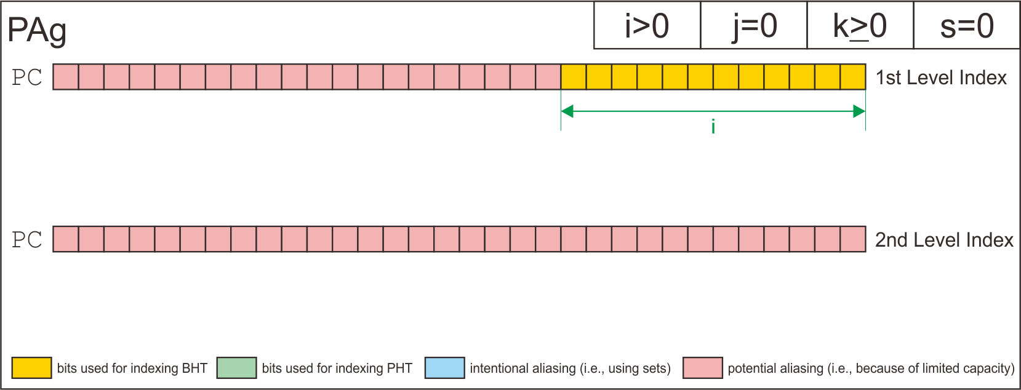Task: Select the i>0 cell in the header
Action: coord(647,26)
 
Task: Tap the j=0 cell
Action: coord(754,26)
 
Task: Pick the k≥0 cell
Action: coord(860,26)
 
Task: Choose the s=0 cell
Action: coord(967,26)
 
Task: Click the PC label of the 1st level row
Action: coord(27,78)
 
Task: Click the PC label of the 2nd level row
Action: coord(27,239)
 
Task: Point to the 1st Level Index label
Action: coord(941,78)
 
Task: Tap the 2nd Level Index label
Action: coord(944,239)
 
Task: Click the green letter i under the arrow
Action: coord(713,127)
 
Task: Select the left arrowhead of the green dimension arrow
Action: coord(567,111)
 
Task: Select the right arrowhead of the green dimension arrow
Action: coord(859,111)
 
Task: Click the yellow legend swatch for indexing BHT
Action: coord(31,368)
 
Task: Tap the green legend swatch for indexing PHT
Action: coord(236,368)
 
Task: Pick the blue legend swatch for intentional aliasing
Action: coord(444,368)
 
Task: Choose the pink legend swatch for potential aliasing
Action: coord(702,368)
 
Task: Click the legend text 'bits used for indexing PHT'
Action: coord(337,368)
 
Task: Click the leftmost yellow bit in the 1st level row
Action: coord(574,77)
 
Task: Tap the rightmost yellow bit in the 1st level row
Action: coord(853,77)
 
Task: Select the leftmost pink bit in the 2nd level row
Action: coord(66,239)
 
